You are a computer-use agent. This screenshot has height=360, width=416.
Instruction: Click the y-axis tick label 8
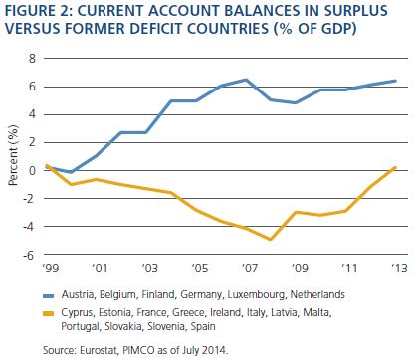click(32, 59)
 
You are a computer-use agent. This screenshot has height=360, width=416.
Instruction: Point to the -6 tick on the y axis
click(29, 255)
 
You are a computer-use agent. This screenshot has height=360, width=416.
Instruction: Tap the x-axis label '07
click(249, 268)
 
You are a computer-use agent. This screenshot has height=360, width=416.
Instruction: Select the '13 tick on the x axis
click(399, 268)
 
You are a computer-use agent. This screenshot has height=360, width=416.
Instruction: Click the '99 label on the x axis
click(51, 268)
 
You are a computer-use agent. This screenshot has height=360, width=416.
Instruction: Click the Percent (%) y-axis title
click(13, 155)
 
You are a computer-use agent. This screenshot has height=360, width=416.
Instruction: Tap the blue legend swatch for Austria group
click(48, 295)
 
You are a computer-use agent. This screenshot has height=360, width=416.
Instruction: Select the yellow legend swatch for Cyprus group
click(48, 313)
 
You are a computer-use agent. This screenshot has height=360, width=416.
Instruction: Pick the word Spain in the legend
click(203, 326)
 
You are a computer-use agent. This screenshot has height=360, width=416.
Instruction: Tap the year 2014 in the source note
click(216, 350)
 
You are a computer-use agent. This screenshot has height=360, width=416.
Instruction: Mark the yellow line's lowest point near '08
click(271, 239)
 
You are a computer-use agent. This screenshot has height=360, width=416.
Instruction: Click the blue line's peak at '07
click(246, 80)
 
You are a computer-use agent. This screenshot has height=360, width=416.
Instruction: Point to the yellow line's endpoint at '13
click(395, 168)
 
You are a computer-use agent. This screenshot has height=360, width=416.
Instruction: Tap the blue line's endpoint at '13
click(395, 81)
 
